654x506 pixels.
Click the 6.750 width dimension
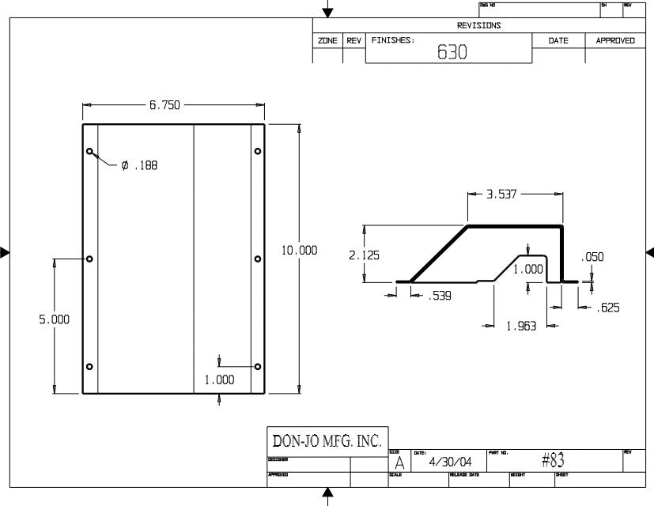164,105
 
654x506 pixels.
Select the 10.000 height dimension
299,251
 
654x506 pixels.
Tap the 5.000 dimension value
55,319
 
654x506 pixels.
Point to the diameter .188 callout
139,166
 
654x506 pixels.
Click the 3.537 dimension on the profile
500,194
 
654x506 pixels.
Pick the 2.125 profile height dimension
364,255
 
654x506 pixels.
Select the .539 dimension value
440,296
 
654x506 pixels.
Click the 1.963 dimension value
520,325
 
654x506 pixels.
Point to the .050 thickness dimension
592,257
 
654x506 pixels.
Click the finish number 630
452,53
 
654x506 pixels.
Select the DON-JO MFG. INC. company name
327,440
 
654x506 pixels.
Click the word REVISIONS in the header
478,25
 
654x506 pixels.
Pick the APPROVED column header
614,40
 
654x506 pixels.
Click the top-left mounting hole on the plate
90,151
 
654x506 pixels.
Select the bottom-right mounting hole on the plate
258,366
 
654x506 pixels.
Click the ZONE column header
327,40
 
